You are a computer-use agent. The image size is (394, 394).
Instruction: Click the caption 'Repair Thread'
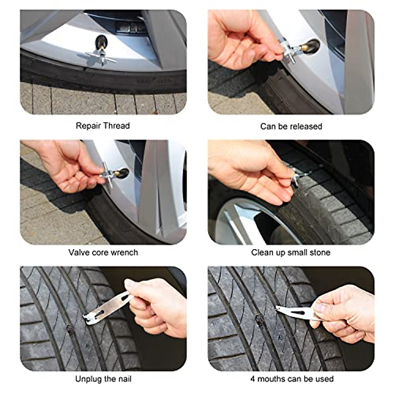pyautogui.click(x=103, y=126)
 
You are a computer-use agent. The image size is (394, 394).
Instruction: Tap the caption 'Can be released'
pyautogui.click(x=291, y=126)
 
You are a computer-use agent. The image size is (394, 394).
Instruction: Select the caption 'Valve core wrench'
pyautogui.click(x=103, y=252)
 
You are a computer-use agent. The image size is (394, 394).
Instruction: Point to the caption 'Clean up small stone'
pyautogui.click(x=291, y=252)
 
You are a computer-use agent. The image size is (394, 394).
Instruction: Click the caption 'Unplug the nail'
pyautogui.click(x=103, y=379)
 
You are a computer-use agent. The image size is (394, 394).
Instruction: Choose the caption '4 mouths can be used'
pyautogui.click(x=292, y=379)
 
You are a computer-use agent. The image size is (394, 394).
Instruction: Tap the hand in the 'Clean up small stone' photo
pyautogui.click(x=253, y=174)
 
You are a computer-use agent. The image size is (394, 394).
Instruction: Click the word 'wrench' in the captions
pyautogui.click(x=124, y=252)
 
